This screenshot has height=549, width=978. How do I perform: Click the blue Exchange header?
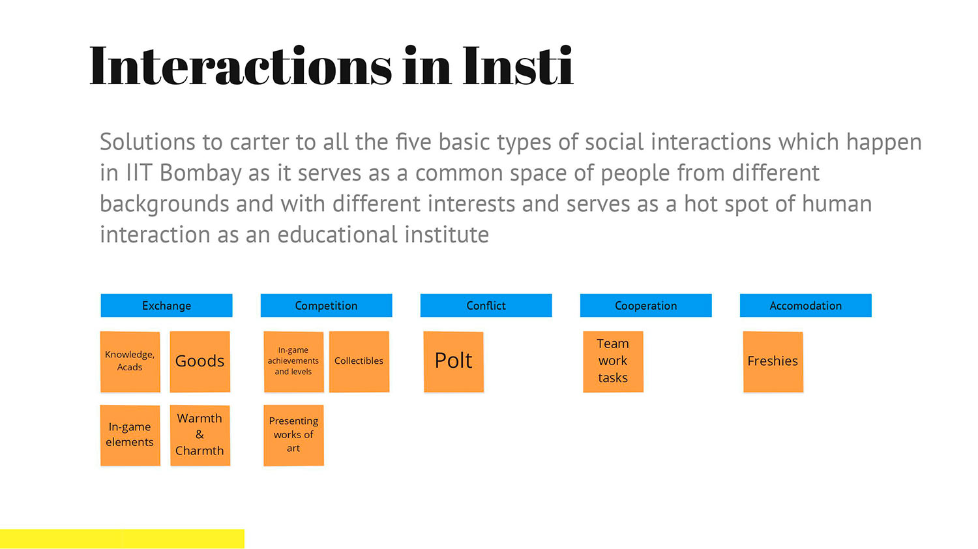[166, 305]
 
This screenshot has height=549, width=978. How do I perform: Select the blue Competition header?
[326, 305]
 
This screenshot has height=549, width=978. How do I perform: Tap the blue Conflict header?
[486, 305]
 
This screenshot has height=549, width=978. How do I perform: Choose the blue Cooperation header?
[645, 305]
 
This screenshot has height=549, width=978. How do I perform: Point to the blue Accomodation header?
[805, 305]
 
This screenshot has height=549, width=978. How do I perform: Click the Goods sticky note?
[200, 362]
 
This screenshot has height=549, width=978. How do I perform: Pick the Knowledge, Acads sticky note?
[130, 362]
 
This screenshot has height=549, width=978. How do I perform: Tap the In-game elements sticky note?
[130, 436]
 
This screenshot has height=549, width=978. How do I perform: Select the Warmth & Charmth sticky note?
[200, 436]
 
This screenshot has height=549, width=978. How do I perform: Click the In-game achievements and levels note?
[293, 362]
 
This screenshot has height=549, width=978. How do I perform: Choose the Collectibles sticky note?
[359, 362]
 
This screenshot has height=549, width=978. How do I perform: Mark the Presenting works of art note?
[293, 436]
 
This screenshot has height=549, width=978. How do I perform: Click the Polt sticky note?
[454, 362]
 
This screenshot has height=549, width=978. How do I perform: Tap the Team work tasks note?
[613, 362]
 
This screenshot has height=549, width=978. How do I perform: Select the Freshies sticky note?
[773, 362]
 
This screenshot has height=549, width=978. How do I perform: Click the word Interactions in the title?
[241, 65]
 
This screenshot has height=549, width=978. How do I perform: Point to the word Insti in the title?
[518, 65]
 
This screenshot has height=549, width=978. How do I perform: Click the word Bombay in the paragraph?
[200, 173]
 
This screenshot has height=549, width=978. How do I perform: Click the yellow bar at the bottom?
[123, 539]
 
